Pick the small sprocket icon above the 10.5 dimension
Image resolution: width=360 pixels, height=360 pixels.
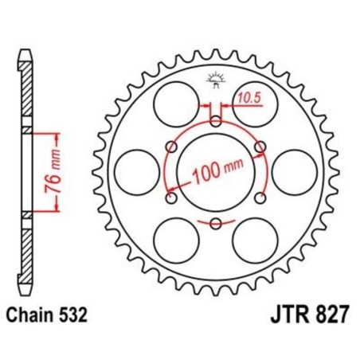[213, 78]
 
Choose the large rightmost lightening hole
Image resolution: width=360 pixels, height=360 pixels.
[294, 169]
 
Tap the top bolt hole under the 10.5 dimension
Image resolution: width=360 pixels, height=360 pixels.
[214, 121]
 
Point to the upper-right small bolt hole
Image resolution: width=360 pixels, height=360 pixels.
[256, 146]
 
